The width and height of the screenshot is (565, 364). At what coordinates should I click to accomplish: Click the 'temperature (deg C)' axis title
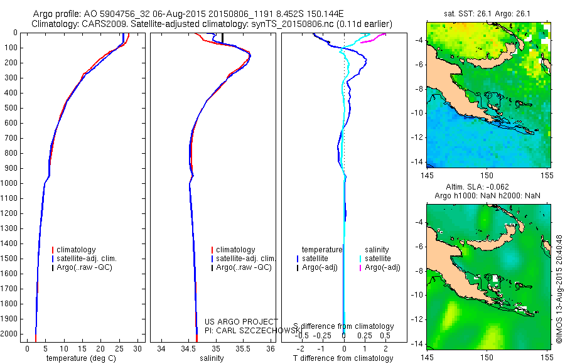click(81, 358)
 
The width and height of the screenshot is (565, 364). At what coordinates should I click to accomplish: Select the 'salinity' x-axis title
click(212, 358)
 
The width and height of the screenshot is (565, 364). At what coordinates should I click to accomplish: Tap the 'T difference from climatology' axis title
click(343, 358)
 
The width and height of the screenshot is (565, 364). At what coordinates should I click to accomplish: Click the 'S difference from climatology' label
click(343, 326)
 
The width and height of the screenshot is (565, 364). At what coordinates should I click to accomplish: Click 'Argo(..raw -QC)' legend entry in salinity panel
click(244, 267)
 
